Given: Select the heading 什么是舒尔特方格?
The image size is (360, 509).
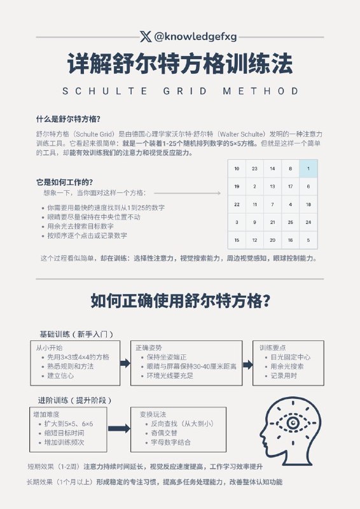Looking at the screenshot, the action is (67, 119).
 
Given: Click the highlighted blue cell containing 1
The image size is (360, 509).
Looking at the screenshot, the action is (308, 169).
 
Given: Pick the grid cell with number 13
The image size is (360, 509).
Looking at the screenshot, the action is (272, 186).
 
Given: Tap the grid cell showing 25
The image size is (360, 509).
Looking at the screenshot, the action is (290, 222).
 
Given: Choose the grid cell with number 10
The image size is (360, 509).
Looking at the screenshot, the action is (237, 169).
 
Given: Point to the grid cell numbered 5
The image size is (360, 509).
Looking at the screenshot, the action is (308, 240).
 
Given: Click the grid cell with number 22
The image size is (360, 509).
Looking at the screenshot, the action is (237, 204).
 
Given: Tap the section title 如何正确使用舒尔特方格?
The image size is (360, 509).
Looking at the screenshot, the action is (180, 300).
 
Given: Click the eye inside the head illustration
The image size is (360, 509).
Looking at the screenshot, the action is (293, 422).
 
